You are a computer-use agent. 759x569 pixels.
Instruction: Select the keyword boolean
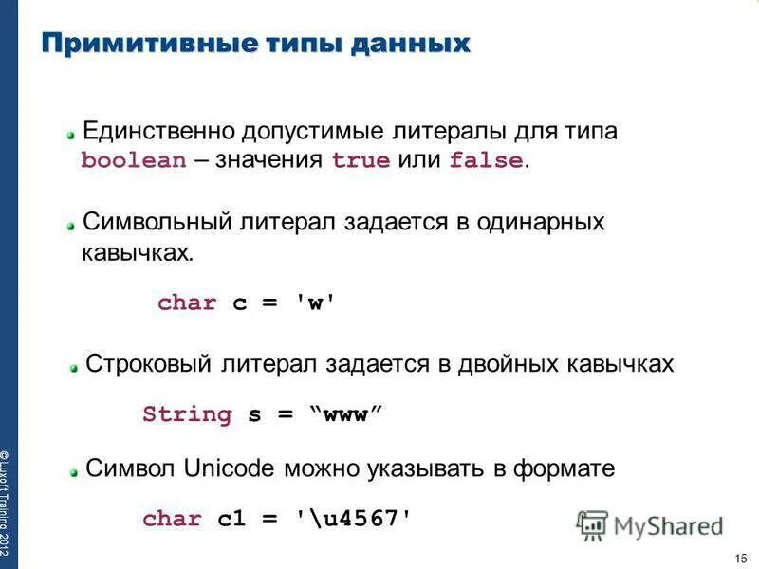click(134, 160)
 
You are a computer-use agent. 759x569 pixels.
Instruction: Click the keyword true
click(361, 160)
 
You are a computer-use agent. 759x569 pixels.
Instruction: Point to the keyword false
click(486, 160)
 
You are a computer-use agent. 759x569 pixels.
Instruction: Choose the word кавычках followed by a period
click(137, 253)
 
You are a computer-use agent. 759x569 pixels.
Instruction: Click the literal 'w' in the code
click(317, 303)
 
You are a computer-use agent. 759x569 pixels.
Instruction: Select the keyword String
click(187, 414)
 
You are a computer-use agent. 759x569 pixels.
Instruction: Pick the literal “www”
click(346, 414)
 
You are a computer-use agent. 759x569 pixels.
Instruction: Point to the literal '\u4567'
click(354, 519)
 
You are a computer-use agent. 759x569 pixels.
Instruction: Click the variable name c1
click(232, 519)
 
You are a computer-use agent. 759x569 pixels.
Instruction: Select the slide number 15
click(741, 557)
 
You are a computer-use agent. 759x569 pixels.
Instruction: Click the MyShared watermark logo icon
click(592, 524)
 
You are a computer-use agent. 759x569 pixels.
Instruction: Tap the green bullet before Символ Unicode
click(72, 470)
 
